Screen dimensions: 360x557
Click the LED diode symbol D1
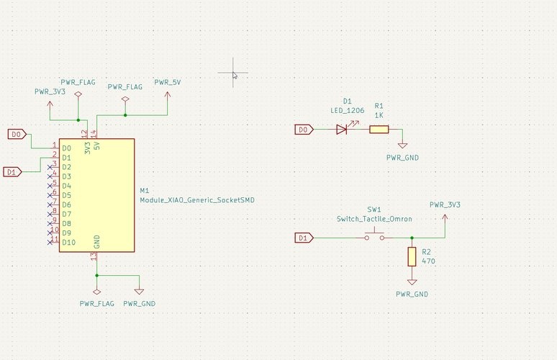[342, 130]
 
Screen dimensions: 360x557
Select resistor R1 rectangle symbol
[379, 130]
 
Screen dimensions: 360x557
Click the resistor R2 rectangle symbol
[412, 256]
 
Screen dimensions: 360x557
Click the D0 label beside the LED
[304, 130]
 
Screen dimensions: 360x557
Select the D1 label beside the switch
[304, 238]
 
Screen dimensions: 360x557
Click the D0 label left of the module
[17, 134]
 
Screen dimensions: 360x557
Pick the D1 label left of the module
[12, 171]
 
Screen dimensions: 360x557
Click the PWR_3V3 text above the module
[50, 92]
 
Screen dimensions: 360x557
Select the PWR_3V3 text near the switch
[445, 204]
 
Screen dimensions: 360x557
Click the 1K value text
[379, 115]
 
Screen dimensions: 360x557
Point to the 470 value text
[427, 261]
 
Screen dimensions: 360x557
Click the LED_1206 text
[348, 111]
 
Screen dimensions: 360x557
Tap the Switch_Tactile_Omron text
[373, 219]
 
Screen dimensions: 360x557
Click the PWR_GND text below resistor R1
[402, 157]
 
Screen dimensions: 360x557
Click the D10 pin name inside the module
[69, 243]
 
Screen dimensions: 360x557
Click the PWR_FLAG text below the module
[97, 303]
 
